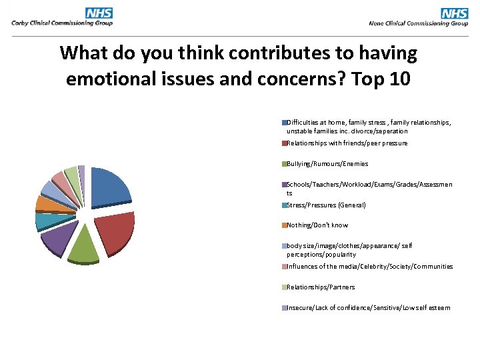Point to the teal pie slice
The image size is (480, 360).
[47, 220]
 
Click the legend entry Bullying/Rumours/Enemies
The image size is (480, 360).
[327, 164]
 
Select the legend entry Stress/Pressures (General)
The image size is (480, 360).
[326, 205]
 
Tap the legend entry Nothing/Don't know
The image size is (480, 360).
[317, 225]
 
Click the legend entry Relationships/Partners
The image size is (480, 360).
[321, 287]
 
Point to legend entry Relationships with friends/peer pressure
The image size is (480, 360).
[347, 143]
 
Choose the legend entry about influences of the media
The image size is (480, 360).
[369, 267]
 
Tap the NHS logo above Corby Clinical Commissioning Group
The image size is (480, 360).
[99, 13]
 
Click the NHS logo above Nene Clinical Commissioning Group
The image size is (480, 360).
[454, 13]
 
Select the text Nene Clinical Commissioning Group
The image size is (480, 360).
[418, 23]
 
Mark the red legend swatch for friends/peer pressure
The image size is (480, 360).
[284, 143]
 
